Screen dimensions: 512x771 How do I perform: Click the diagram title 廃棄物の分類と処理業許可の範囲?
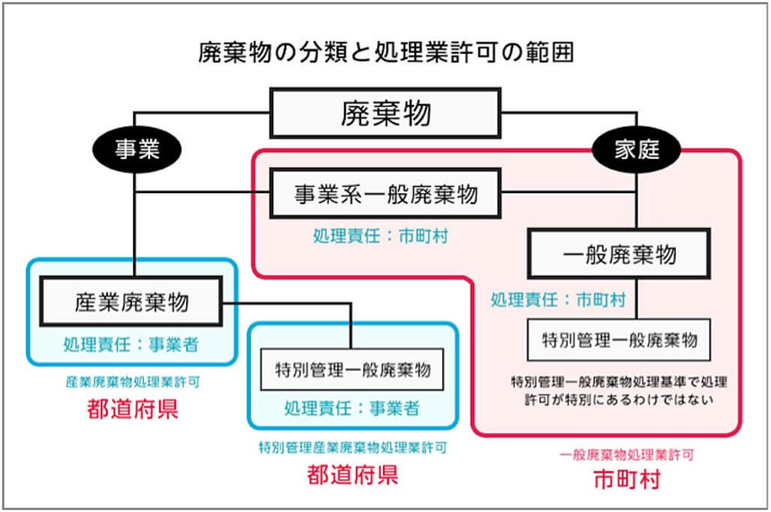385,51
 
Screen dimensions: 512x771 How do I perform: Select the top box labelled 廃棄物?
385,113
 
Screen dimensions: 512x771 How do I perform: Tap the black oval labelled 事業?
136,150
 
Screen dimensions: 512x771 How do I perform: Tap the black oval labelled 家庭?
635,150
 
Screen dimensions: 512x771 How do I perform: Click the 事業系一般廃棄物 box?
386,193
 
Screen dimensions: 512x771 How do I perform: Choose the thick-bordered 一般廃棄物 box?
619,255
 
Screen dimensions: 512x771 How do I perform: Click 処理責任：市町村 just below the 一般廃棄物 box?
558,299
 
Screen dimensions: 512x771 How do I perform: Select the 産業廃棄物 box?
132,301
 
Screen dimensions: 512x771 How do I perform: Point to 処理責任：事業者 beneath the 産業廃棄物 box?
131,344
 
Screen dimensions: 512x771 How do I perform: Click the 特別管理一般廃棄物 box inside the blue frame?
352,368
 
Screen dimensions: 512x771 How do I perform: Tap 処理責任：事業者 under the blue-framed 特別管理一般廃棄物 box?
351,409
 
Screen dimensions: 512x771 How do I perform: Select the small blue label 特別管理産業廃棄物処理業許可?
351,446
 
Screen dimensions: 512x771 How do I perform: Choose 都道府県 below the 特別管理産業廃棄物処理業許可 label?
351,473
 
